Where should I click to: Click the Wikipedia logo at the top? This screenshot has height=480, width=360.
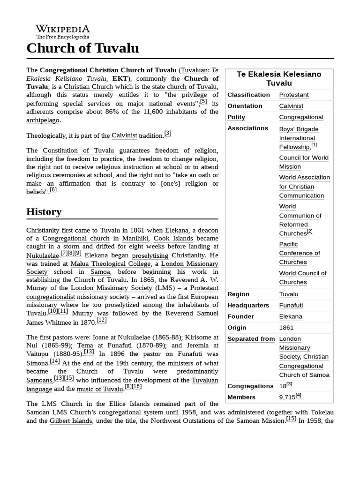pos(62,31)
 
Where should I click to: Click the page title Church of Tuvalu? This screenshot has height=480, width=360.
pos(82,48)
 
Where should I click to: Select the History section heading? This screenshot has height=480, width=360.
pos(44,212)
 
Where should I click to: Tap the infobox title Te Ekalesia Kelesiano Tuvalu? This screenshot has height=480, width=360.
pos(279,79)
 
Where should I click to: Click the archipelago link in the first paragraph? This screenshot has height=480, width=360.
pos(43,120)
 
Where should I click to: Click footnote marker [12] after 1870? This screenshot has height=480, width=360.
pos(102,320)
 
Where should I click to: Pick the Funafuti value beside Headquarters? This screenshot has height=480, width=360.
pos(291,305)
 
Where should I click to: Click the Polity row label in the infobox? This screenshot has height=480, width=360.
pos(236,117)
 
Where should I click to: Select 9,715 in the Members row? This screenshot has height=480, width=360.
pos(287,397)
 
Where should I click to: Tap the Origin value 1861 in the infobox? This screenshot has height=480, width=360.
pos(286,328)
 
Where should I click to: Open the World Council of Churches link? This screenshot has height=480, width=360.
pos(302,277)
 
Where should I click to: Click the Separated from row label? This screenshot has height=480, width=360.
pos(251,339)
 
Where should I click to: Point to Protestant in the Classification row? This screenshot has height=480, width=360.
pos(294,95)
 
